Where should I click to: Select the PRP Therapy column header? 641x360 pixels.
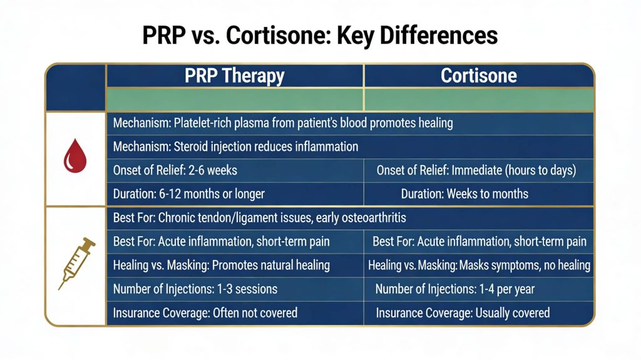pyautogui.click(x=235, y=76)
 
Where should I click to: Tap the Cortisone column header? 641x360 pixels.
pyautogui.click(x=479, y=76)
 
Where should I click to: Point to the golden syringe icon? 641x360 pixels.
pyautogui.click(x=76, y=262)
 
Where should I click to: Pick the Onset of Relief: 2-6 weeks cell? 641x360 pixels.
pyautogui.click(x=175, y=170)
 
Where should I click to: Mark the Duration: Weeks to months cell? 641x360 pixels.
pyautogui.click(x=464, y=193)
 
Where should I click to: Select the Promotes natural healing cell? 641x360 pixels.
pyautogui.click(x=222, y=265)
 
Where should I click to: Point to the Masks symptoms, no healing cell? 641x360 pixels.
pyautogui.click(x=479, y=265)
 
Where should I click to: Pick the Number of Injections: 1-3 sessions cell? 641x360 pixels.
pyautogui.click(x=195, y=289)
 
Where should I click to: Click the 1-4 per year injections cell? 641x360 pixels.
pyautogui.click(x=454, y=289)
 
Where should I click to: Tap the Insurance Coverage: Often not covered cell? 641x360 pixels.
pyautogui.click(x=205, y=312)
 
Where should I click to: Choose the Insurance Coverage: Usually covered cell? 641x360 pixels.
pyautogui.click(x=463, y=312)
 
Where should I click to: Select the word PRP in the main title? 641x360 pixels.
pyautogui.click(x=165, y=35)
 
